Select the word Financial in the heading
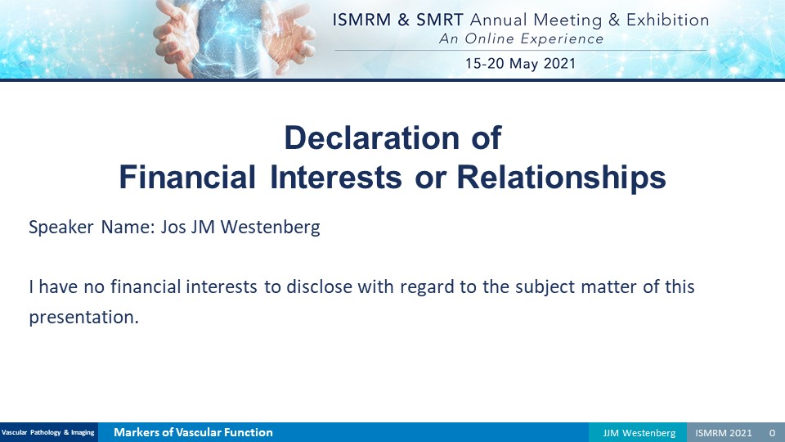tap(187, 177)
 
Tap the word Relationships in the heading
tap(561, 177)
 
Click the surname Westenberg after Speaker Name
tap(271, 227)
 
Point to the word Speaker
tap(61, 227)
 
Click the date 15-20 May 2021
tap(521, 64)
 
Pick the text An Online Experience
tap(521, 38)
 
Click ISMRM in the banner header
tap(361, 20)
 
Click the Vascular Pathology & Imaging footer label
tap(48, 432)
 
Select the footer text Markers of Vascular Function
tap(193, 432)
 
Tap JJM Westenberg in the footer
tap(639, 433)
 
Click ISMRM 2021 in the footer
tap(724, 433)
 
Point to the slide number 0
tap(773, 433)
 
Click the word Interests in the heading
tap(336, 177)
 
